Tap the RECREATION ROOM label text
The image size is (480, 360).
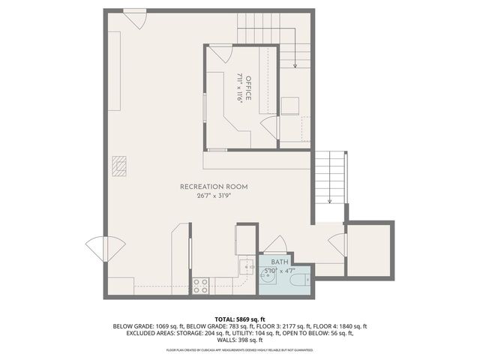point(214,187)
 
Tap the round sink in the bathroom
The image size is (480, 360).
point(268,277)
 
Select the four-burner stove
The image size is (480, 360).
point(201,285)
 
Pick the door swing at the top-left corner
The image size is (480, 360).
point(136,19)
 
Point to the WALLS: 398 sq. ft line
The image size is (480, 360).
point(240,341)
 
